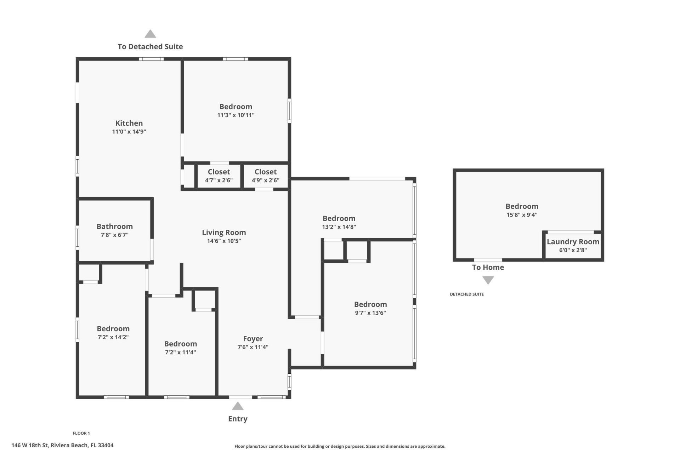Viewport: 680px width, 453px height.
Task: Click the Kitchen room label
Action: point(129,123)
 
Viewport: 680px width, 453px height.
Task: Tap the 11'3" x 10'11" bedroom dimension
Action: point(236,115)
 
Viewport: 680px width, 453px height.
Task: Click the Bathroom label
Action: point(114,226)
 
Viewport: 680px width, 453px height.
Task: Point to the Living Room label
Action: point(224,233)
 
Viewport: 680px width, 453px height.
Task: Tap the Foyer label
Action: point(253,339)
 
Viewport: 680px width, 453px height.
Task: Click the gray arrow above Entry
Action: point(238,406)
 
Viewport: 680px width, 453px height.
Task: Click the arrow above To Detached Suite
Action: point(150,34)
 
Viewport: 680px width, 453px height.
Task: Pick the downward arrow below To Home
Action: point(488,280)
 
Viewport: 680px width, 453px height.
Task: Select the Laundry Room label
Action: point(573,242)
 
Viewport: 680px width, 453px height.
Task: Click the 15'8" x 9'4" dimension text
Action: point(522,215)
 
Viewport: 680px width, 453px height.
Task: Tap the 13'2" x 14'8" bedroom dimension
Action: point(339,227)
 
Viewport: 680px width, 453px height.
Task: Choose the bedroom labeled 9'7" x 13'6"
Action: point(370,304)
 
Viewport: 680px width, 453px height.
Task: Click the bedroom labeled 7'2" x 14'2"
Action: point(113,329)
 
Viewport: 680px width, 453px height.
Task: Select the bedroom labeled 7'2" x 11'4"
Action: point(180,344)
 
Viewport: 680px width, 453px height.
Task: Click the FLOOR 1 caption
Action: point(81,433)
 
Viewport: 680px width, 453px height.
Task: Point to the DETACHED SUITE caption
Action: point(466,294)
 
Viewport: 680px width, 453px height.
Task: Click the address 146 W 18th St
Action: point(62,445)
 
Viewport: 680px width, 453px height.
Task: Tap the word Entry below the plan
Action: point(238,419)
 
